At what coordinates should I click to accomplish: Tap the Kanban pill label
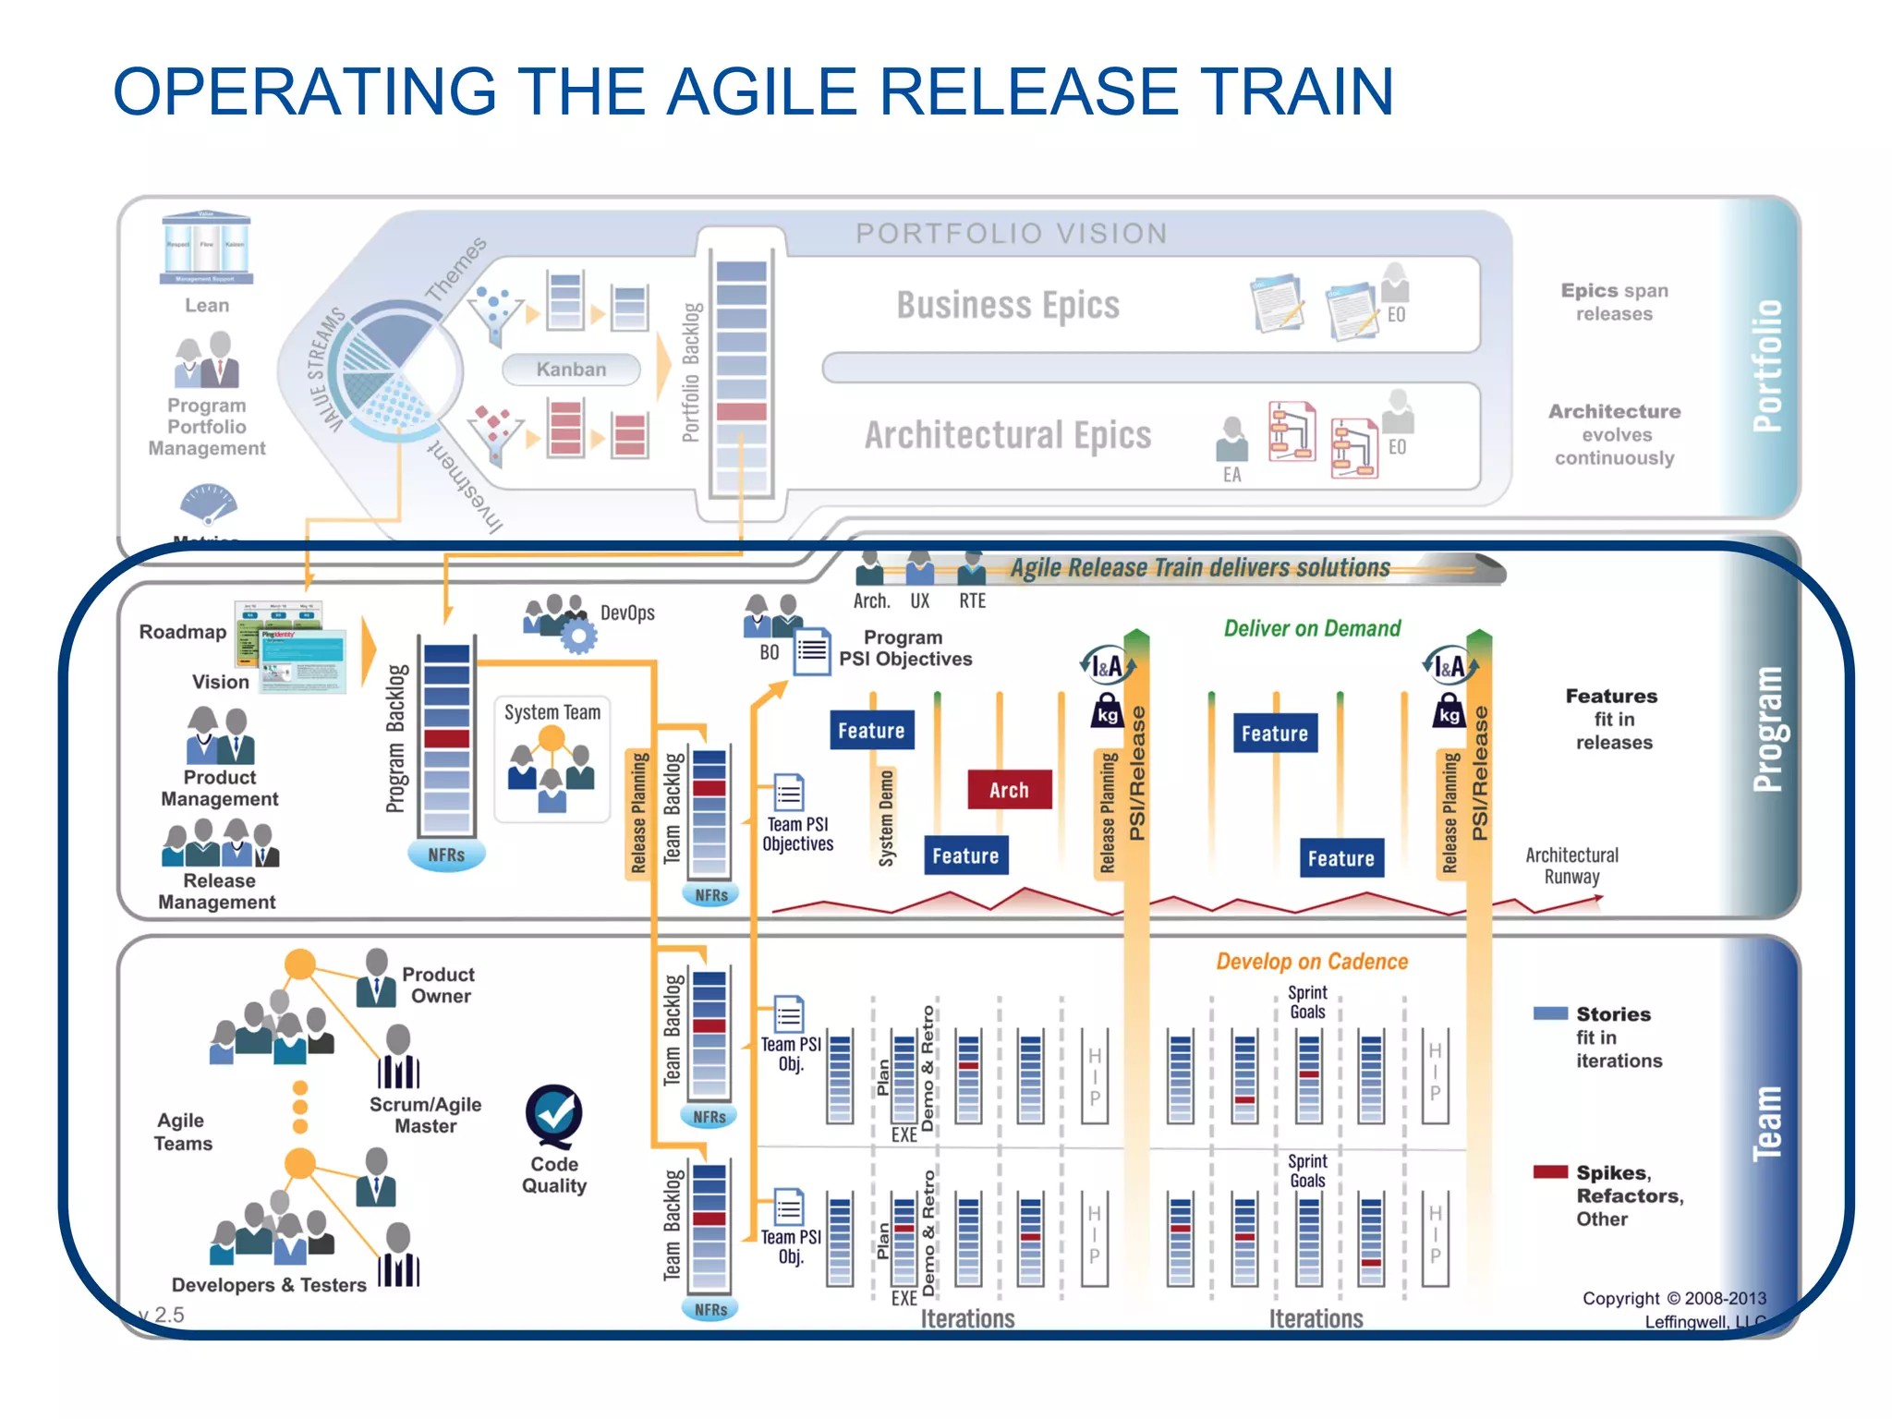(571, 370)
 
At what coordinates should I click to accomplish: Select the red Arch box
(1009, 790)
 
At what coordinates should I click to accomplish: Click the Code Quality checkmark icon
(553, 1116)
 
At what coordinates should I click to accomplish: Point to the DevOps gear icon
(577, 636)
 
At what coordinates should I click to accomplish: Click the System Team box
(552, 758)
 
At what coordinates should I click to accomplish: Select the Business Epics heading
(1007, 305)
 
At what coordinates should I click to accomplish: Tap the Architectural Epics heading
(1007, 435)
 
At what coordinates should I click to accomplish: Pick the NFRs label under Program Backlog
(446, 855)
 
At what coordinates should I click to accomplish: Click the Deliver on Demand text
(1311, 629)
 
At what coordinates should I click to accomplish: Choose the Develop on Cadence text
(1311, 962)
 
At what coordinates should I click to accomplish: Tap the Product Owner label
(439, 985)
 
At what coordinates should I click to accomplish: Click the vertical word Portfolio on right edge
(1767, 366)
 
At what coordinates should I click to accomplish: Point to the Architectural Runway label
(1571, 866)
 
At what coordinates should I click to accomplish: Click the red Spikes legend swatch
(1549, 1172)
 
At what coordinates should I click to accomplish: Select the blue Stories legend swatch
(1549, 1013)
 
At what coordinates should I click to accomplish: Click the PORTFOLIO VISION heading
(1011, 234)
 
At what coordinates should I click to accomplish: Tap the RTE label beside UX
(972, 601)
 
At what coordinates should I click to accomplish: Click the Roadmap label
(182, 632)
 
